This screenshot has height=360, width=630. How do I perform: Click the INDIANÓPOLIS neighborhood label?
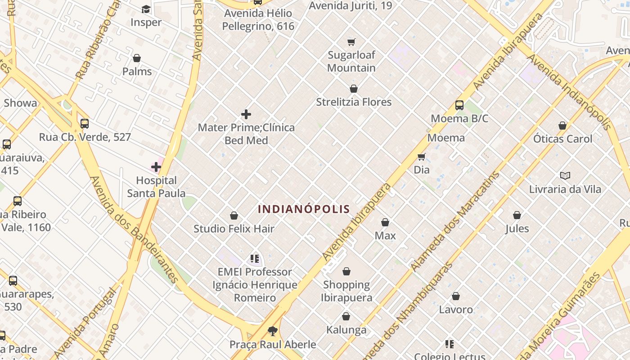304,209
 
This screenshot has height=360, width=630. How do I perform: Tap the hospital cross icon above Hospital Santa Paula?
156,167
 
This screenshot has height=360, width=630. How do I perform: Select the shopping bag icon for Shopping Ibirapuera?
346,271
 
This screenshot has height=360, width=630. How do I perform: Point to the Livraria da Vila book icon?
565,175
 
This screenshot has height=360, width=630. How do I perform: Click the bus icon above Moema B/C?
459,105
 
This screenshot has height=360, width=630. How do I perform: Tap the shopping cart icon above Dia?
422,157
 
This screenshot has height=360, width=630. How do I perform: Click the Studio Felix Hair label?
234,229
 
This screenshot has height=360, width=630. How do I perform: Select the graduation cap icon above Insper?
146,9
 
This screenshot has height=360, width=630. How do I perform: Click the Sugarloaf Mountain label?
351,62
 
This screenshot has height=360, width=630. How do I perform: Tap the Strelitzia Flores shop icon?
354,89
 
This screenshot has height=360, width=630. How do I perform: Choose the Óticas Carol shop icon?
562,126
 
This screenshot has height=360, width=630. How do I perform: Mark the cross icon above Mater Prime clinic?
246,114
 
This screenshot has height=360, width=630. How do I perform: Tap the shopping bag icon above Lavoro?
456,296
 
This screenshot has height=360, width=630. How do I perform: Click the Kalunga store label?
346,330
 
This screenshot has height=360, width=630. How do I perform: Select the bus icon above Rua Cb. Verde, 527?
85,124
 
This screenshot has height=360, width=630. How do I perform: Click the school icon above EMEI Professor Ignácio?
255,259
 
